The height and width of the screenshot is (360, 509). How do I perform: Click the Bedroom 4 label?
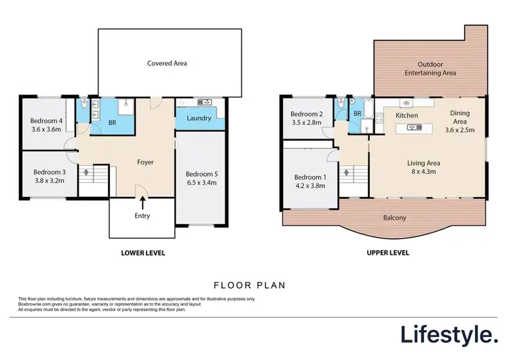click(47, 121)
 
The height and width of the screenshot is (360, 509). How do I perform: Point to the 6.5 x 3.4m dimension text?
click(202, 182)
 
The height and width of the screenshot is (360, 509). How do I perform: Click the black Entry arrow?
click(143, 201)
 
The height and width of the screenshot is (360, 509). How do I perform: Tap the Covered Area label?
click(167, 63)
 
